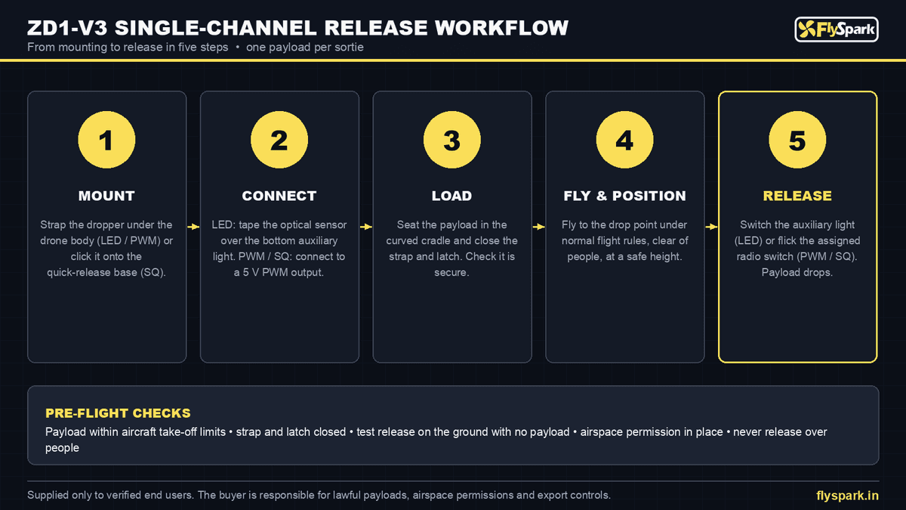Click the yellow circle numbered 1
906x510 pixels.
click(x=106, y=140)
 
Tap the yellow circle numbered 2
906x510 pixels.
click(x=279, y=140)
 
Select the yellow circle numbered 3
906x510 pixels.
click(x=451, y=140)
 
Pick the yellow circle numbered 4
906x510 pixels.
click(x=624, y=140)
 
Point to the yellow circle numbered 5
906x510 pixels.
click(x=797, y=140)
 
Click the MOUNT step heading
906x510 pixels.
click(x=106, y=196)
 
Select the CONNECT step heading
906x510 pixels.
click(x=279, y=196)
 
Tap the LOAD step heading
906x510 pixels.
click(x=451, y=196)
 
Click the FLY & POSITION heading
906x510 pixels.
click(x=624, y=196)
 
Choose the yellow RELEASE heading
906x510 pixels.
click(x=797, y=196)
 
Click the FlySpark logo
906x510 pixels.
click(x=837, y=29)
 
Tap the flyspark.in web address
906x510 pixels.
click(x=847, y=496)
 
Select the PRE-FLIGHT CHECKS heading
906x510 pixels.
click(x=118, y=413)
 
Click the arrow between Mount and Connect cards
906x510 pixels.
click(x=193, y=227)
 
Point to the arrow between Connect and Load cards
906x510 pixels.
click(x=366, y=227)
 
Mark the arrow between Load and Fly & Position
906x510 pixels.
click(x=539, y=227)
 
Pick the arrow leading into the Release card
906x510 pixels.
click(x=711, y=227)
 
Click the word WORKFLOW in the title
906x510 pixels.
click(x=501, y=28)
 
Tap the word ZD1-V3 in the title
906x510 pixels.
click(x=67, y=28)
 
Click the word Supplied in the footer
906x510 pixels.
click(x=48, y=495)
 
